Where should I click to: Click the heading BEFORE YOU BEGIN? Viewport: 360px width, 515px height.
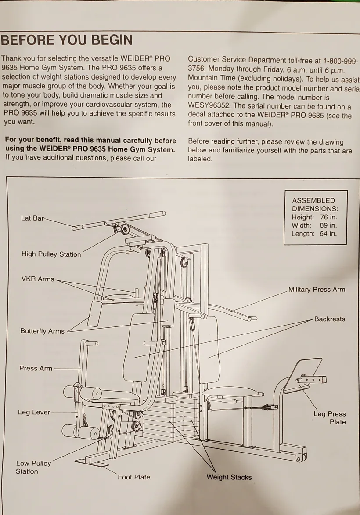coord(66,40)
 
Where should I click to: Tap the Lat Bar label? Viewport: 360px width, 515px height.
coord(32,218)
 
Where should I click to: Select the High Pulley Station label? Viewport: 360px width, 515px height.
coord(51,254)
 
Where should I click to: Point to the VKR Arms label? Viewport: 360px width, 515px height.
coord(37,279)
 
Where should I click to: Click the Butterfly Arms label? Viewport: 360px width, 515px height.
coord(42,331)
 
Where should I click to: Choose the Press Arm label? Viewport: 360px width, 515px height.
coord(36,368)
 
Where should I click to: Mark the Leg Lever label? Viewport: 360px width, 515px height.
coord(34,412)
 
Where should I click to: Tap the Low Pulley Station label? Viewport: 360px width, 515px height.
coord(33,467)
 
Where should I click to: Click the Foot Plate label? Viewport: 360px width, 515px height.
coord(133,477)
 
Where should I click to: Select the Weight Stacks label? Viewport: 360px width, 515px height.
coord(229,477)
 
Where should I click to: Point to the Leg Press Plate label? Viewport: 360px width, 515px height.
coord(329,418)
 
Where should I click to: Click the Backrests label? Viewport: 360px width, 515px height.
coord(329,319)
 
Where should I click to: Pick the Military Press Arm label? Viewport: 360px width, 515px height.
coord(317,290)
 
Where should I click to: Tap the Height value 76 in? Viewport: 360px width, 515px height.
coord(328,217)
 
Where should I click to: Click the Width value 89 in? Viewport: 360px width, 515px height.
coord(328,225)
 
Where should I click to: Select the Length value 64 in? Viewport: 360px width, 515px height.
coord(328,234)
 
